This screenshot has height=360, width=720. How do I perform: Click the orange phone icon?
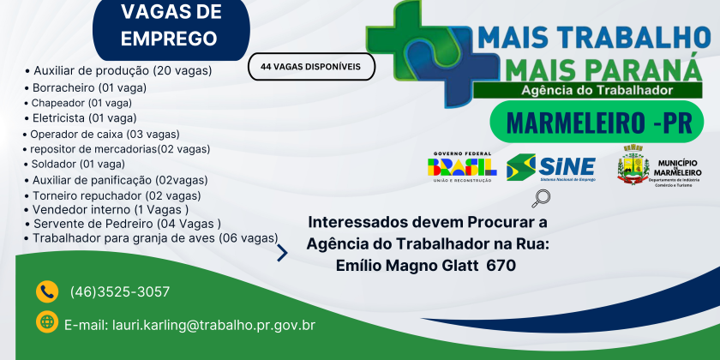46,291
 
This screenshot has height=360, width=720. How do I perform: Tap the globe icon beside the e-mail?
47,322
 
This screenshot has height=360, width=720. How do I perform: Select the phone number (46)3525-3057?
120,291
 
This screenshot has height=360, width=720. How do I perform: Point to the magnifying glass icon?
542,199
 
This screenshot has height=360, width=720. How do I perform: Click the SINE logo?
550,167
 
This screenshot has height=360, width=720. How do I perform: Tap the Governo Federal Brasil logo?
461,166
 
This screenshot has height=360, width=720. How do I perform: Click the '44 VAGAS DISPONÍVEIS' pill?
311,66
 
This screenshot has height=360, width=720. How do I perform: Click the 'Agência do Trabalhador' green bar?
597,90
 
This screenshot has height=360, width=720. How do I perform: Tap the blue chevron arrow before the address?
281,253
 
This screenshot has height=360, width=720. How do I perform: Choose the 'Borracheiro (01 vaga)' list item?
89,87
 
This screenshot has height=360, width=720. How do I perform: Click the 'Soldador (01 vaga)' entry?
79,164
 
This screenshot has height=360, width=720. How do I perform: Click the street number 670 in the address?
501,266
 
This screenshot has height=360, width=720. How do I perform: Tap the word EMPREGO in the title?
169,39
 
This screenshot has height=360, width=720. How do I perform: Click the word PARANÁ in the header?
632,67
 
